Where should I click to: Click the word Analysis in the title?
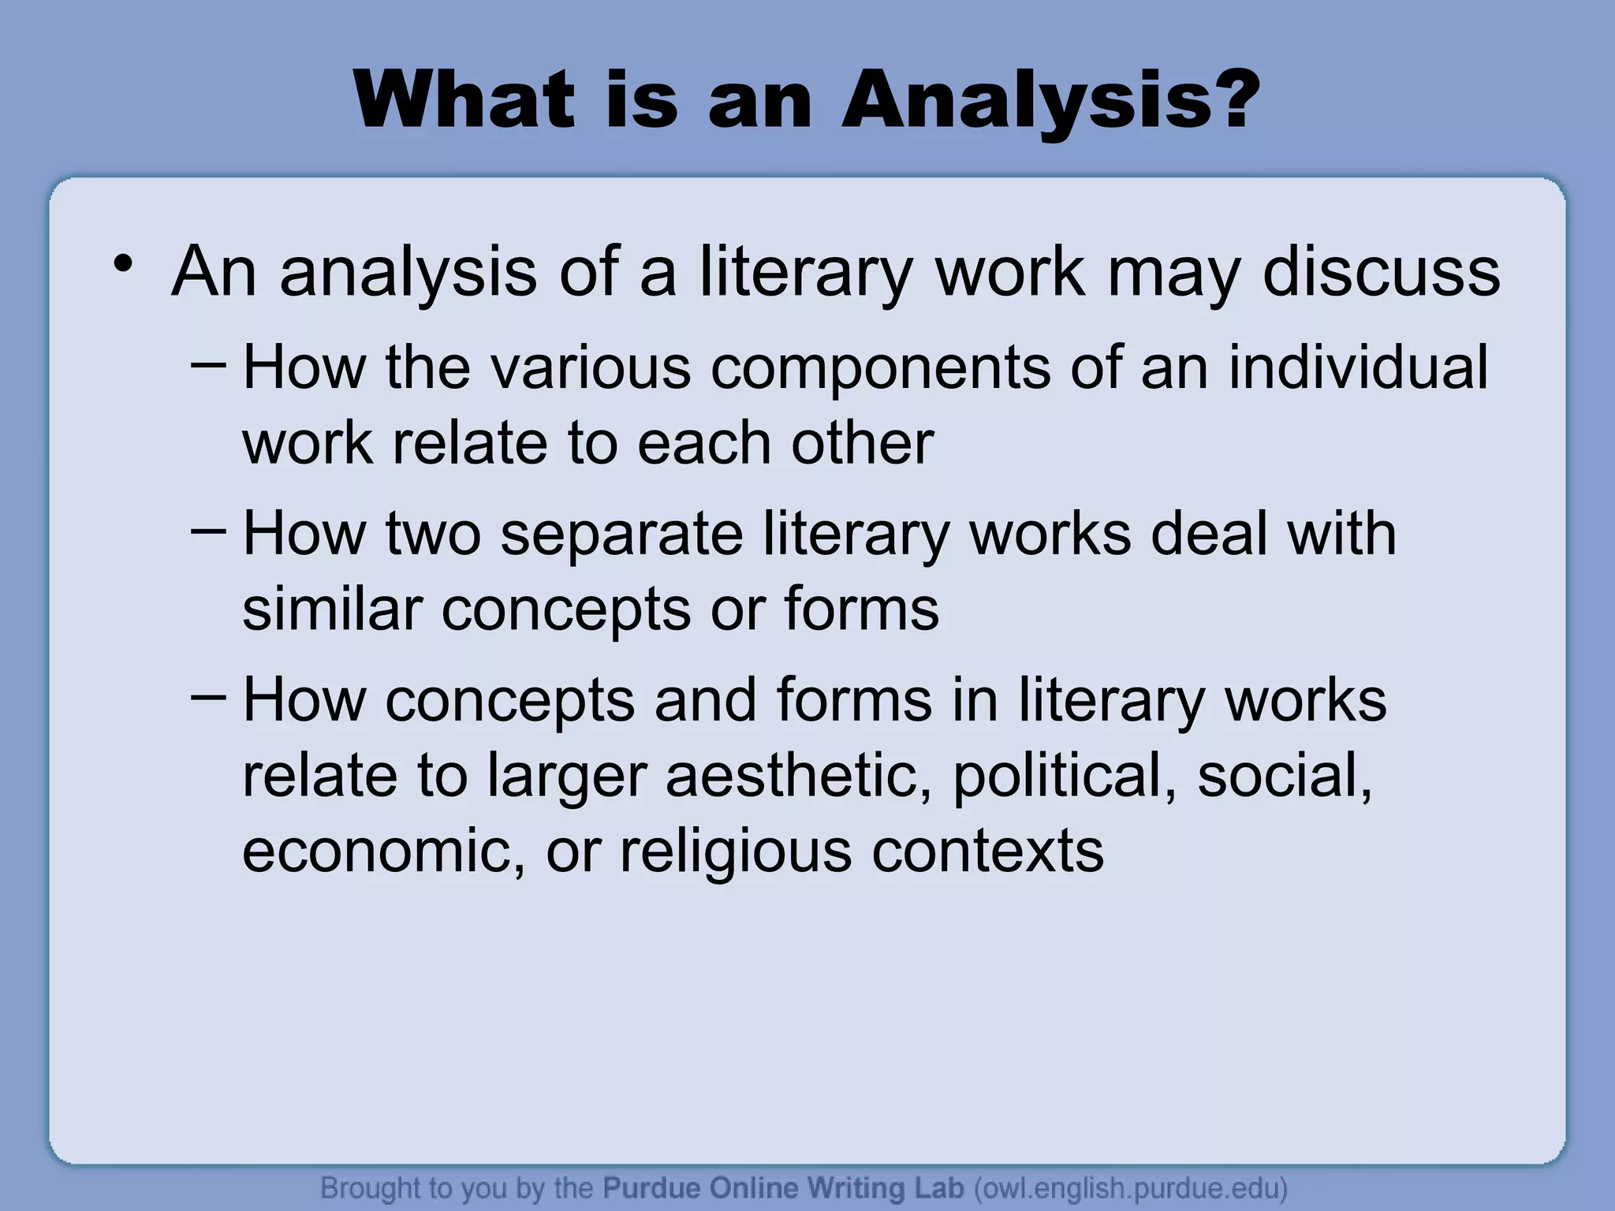point(1025,101)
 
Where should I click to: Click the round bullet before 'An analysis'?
point(121,263)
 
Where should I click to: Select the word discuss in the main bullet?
point(1381,272)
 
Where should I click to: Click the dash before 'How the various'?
point(208,365)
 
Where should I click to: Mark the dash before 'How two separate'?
point(208,531)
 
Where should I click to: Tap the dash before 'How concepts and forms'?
point(208,698)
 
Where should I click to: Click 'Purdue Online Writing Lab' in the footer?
point(783,1188)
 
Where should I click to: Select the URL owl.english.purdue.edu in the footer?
point(1131,1188)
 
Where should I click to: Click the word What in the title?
point(464,101)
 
